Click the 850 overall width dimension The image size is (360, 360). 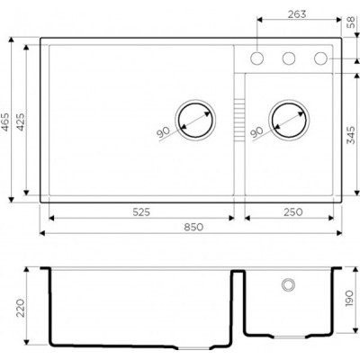pyautogui.click(x=193, y=227)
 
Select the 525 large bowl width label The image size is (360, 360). pyautogui.click(x=141, y=212)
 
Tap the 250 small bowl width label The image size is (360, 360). pyautogui.click(x=292, y=212)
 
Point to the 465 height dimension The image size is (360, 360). pyautogui.click(x=6, y=122)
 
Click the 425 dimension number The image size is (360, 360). pyautogui.click(x=21, y=122)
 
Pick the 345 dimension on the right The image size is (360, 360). pyautogui.click(x=351, y=135)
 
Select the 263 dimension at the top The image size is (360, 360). pyautogui.click(x=297, y=14)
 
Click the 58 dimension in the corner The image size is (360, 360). pyautogui.click(x=351, y=22)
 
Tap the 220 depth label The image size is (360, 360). pyautogui.click(x=21, y=308)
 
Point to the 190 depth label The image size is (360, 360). pyautogui.click(x=349, y=298)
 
